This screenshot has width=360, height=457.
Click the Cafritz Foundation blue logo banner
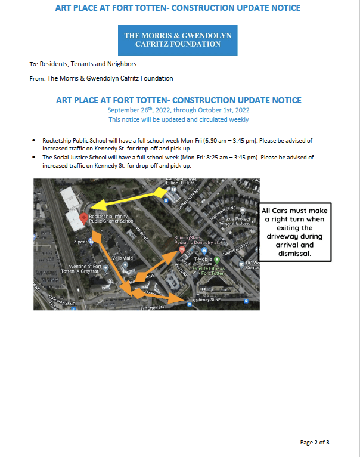point(178,40)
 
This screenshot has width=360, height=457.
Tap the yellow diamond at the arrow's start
point(162,192)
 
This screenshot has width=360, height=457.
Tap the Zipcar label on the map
point(80,242)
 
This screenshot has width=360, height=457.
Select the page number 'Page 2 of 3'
point(315,443)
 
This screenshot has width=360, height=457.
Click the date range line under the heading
point(178,110)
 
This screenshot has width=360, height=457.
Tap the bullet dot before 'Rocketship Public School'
point(33,141)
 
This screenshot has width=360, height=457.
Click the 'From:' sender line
point(101,78)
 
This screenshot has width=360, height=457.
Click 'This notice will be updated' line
point(178,119)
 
